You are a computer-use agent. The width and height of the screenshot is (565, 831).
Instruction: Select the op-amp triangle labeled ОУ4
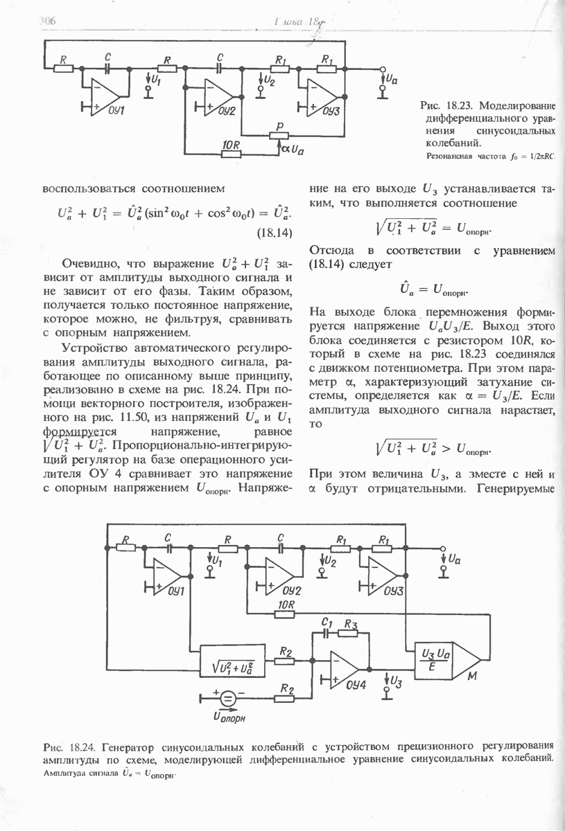tap(345, 669)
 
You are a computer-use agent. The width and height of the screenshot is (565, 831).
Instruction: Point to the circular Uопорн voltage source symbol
tap(227, 698)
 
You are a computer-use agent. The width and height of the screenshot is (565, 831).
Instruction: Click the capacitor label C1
tap(327, 623)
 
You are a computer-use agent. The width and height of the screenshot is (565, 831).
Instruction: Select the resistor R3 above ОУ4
tap(351, 632)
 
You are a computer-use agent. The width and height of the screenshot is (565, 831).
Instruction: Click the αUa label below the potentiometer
tap(293, 149)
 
